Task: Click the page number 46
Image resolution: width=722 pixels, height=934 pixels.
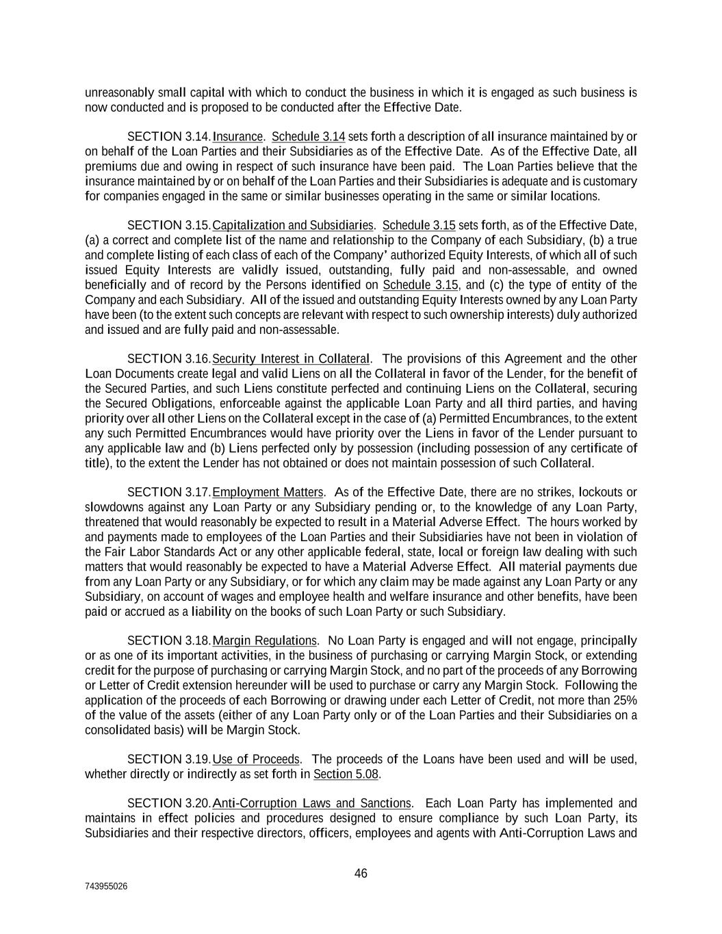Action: coord(361,874)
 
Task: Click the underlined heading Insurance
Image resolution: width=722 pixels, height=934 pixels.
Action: coord(237,137)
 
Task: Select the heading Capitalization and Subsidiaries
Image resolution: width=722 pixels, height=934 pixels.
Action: coord(293,226)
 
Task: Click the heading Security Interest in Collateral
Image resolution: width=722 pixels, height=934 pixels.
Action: coord(291,359)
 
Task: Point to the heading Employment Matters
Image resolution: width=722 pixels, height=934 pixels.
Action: coord(268,493)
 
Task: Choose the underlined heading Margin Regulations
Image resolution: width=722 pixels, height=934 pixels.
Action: coord(264,641)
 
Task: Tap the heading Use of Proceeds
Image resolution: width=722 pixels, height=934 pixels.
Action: coord(256,760)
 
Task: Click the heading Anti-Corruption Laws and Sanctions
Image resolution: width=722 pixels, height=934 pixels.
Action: coord(311,803)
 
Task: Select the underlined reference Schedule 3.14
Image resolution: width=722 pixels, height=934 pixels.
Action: coord(308,137)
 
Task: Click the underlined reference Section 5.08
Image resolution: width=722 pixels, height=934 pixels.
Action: coord(346,775)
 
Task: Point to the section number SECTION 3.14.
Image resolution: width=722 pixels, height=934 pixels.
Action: coord(169,137)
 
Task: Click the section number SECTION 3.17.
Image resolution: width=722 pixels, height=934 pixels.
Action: coord(169,493)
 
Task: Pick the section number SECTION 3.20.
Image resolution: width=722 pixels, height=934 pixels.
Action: coord(169,803)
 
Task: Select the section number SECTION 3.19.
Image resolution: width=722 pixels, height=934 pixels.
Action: coord(169,760)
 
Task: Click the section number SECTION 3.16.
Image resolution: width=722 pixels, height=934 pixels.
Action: coord(169,359)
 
